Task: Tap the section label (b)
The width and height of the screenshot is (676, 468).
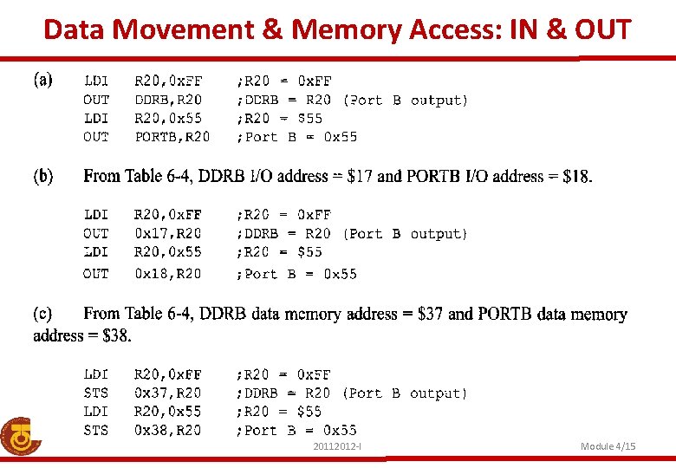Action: [x=43, y=177]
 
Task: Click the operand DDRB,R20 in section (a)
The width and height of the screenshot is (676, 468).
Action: [x=168, y=100]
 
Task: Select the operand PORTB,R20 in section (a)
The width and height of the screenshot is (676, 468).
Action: [x=172, y=136]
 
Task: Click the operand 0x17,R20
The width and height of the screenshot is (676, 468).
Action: [x=168, y=233]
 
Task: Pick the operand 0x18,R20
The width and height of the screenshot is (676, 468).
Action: [x=168, y=274]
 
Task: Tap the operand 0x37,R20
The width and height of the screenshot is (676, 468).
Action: [x=168, y=393]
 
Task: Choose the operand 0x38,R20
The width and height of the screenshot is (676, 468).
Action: [x=168, y=430]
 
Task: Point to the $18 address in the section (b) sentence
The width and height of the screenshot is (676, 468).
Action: [x=576, y=177]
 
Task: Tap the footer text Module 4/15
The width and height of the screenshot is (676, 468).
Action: [x=608, y=446]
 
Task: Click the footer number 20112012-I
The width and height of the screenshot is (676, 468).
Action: [x=337, y=446]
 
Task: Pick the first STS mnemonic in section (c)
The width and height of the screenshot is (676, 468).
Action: [x=96, y=393]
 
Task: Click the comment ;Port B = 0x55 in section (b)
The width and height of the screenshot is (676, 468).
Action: [x=296, y=274]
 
